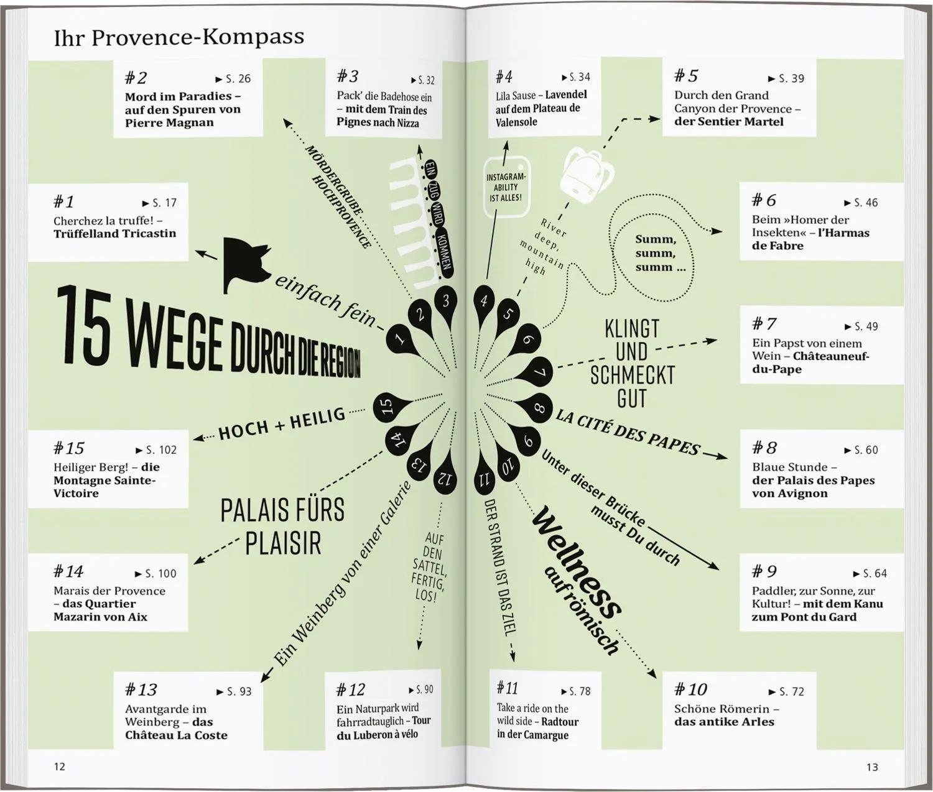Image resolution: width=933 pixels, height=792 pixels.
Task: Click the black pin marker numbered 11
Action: (x=483, y=479)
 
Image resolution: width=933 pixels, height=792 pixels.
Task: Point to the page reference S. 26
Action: (x=233, y=79)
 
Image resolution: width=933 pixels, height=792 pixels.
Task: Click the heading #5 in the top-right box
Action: (x=686, y=76)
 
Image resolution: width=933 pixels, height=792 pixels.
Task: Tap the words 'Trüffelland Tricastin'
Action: (x=114, y=234)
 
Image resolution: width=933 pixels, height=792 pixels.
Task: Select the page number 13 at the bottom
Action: (x=872, y=767)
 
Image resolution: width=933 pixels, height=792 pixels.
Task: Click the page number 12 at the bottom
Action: (x=60, y=767)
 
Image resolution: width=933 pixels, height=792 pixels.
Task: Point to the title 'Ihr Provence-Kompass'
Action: (x=179, y=37)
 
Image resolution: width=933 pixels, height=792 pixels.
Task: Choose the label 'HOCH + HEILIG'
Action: (x=282, y=424)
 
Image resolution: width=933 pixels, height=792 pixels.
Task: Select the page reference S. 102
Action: (x=156, y=450)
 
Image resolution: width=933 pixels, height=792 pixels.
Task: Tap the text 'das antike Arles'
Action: (x=725, y=722)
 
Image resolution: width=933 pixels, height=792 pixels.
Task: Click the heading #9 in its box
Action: (x=764, y=571)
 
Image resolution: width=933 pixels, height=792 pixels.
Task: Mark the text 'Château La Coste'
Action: (x=176, y=735)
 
